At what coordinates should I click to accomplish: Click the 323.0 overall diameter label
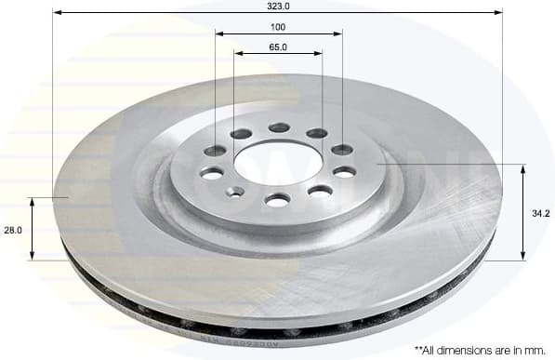[278, 6]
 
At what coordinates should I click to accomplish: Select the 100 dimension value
[278, 26]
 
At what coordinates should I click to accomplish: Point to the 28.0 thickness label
[13, 229]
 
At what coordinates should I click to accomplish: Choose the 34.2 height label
[540, 213]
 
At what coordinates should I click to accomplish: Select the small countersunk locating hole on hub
[236, 192]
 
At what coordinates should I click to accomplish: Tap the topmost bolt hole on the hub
[279, 127]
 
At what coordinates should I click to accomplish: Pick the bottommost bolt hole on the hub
[277, 199]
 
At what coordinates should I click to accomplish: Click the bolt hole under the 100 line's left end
[215, 151]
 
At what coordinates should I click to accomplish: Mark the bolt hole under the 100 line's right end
[342, 150]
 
